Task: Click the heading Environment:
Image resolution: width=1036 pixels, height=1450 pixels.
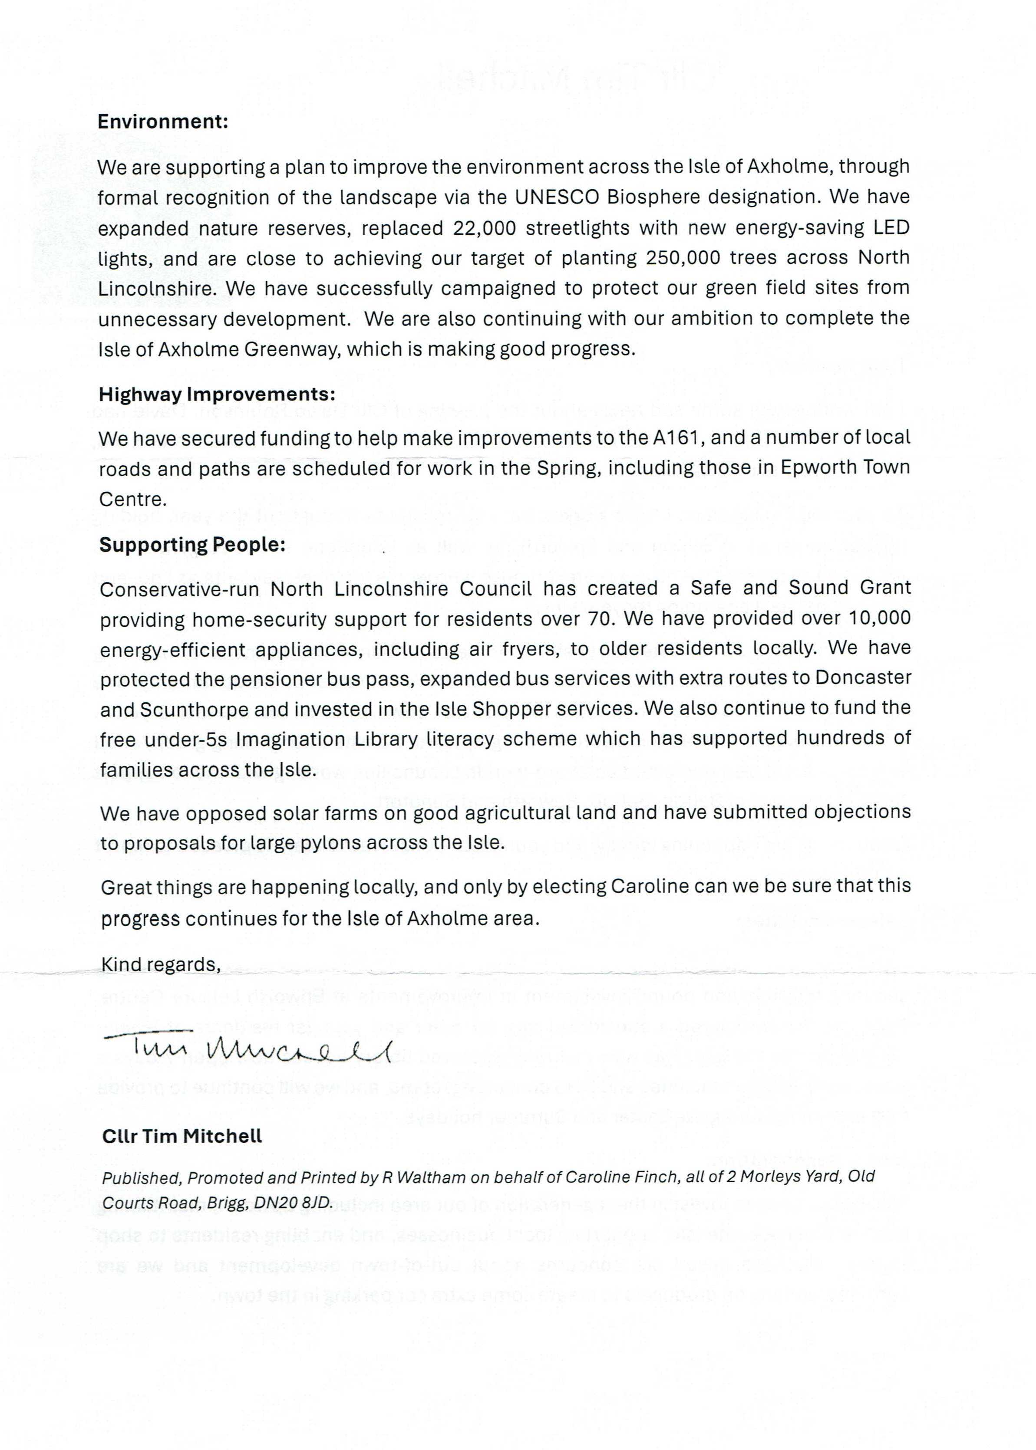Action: (x=163, y=122)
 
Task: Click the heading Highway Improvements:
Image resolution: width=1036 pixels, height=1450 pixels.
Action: (x=217, y=394)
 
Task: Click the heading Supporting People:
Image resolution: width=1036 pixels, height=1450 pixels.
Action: (x=192, y=545)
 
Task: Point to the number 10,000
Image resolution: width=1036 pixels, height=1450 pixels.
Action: (x=881, y=618)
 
